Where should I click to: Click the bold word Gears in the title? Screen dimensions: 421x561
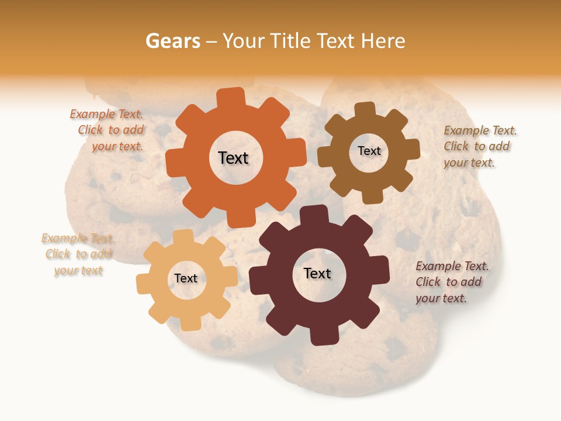tap(173, 41)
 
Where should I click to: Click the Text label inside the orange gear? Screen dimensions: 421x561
tap(233, 158)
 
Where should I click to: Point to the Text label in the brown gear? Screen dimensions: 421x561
tap(369, 151)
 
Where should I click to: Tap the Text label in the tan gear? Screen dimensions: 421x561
tap(186, 279)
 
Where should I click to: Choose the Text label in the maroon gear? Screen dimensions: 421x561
tap(317, 273)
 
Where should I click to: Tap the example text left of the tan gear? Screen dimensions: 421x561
tap(78, 254)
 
